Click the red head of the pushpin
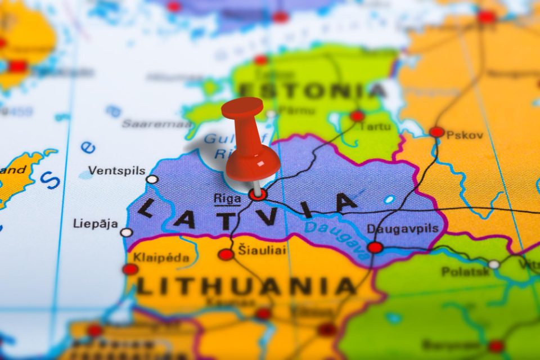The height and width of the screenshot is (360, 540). point(242,108)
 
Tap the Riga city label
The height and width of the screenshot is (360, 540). point(227,198)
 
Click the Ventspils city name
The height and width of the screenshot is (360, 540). point(117,171)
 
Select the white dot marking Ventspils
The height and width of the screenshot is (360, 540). point(152,179)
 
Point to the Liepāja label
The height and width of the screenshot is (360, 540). point(96,224)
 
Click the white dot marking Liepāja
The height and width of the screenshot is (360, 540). point(127,232)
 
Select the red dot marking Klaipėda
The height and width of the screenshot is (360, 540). point(130,269)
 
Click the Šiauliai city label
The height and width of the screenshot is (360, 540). point(262,251)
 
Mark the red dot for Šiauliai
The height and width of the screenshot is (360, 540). point(226,254)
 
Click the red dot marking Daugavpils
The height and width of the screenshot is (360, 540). point(375,247)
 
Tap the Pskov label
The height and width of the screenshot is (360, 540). point(465,135)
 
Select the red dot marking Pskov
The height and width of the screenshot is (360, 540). point(437,132)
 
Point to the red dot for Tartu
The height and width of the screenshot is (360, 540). point(357,116)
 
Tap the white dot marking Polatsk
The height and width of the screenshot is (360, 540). point(494,264)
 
